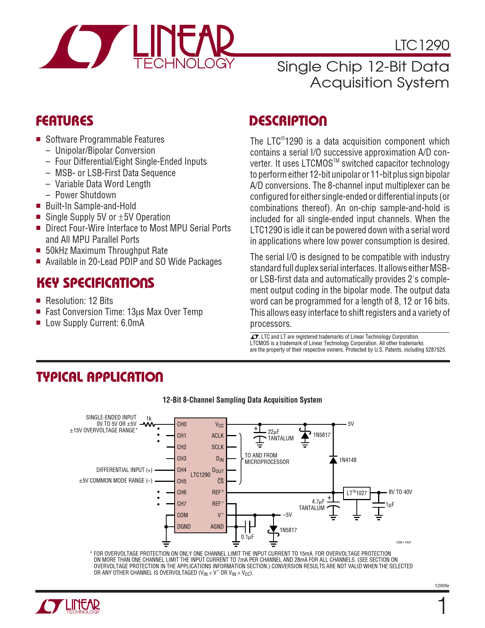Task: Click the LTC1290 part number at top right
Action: (x=422, y=45)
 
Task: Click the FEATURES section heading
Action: (x=65, y=121)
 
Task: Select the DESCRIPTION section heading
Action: (x=288, y=121)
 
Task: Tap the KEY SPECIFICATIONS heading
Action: (x=95, y=283)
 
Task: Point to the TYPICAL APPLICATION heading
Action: (x=100, y=377)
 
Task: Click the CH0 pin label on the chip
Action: (x=182, y=424)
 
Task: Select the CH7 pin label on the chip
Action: (x=182, y=504)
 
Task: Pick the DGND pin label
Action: (x=184, y=526)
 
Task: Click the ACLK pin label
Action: (x=218, y=435)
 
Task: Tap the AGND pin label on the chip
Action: (x=217, y=526)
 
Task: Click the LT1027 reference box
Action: (x=356, y=493)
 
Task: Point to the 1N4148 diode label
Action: (x=348, y=460)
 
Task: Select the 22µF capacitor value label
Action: (x=274, y=432)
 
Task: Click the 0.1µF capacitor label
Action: (x=247, y=537)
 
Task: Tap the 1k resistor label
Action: (x=149, y=418)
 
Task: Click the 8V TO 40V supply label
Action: (x=400, y=492)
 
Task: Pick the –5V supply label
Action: (x=287, y=515)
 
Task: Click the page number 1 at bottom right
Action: (x=442, y=607)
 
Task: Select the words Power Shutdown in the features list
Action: (x=86, y=195)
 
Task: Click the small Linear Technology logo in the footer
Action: (x=68, y=606)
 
